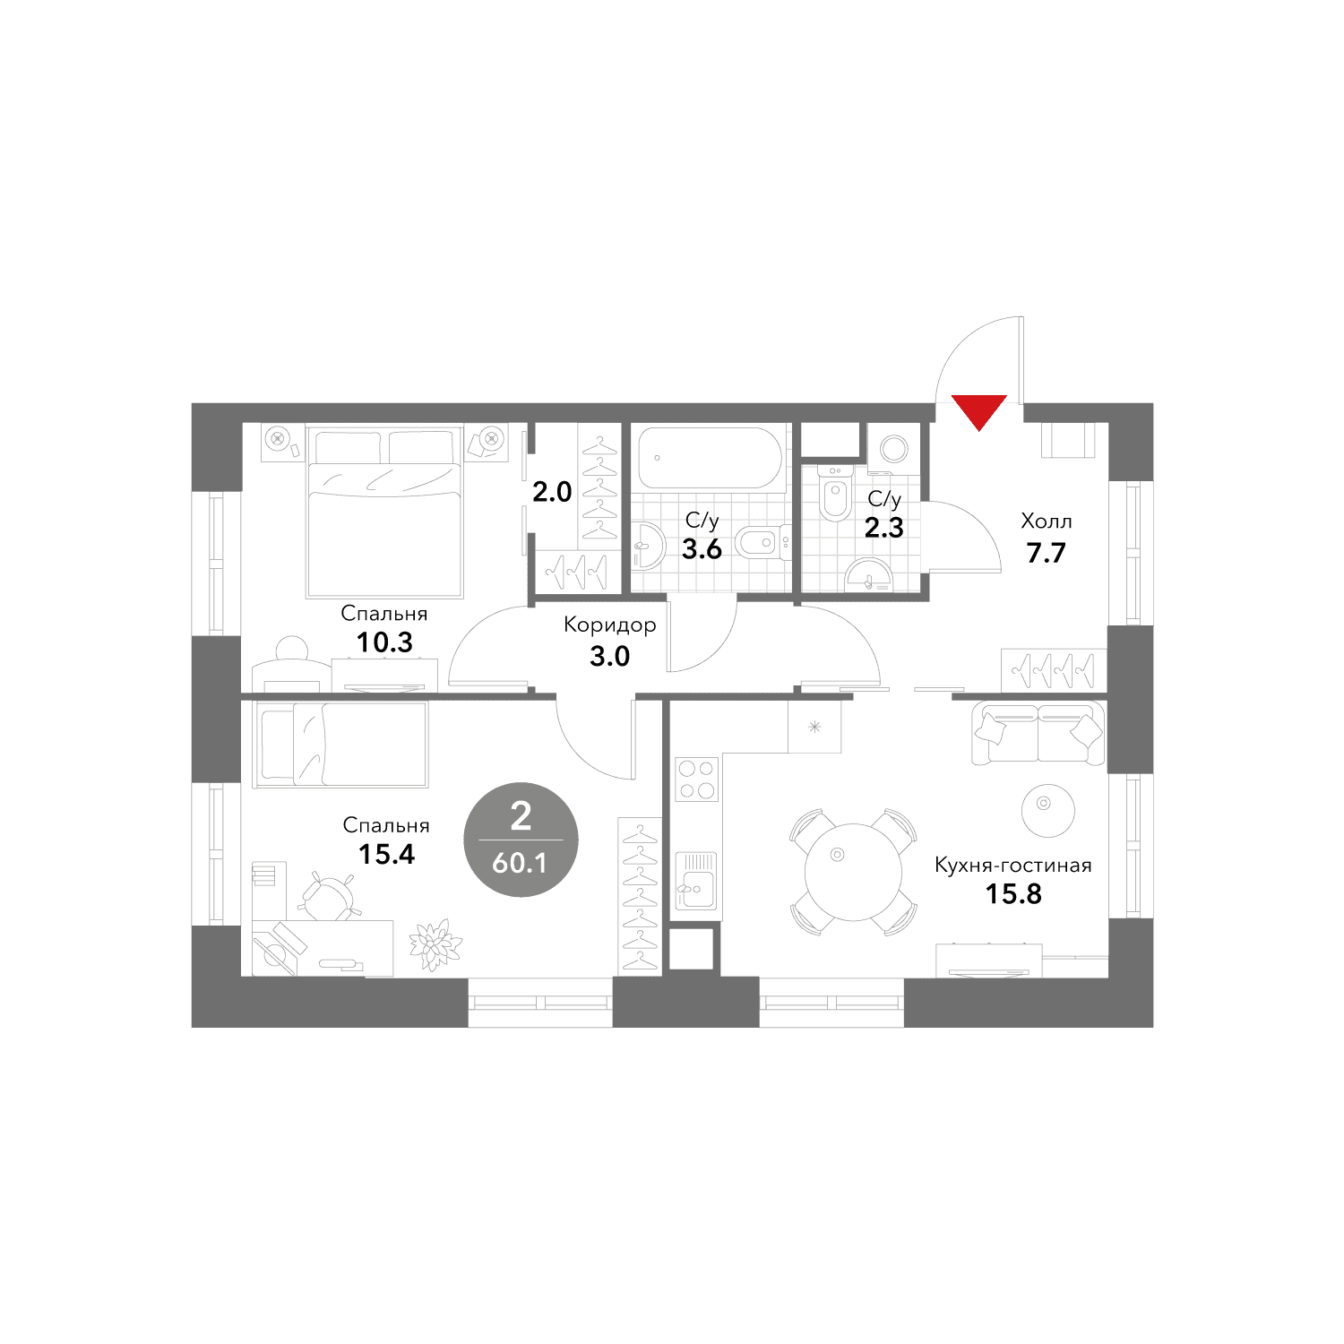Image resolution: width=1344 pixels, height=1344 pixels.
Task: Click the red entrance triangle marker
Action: pyautogui.click(x=979, y=410)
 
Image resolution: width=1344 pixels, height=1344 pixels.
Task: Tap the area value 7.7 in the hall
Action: pyautogui.click(x=1046, y=553)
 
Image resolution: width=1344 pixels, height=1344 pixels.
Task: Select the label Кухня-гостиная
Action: pyautogui.click(x=1013, y=866)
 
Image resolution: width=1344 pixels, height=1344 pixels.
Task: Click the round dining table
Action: pyautogui.click(x=854, y=872)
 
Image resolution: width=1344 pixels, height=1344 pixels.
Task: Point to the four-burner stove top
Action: pyautogui.click(x=696, y=779)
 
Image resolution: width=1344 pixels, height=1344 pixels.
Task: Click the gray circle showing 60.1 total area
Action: pyautogui.click(x=521, y=840)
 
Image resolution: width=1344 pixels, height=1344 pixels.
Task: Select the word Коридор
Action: pyautogui.click(x=609, y=625)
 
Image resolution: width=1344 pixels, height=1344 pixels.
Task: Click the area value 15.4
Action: pyautogui.click(x=386, y=854)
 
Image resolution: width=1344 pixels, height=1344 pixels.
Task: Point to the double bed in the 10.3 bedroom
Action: pyautogui.click(x=384, y=512)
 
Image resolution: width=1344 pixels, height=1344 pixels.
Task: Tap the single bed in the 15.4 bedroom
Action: pyautogui.click(x=341, y=744)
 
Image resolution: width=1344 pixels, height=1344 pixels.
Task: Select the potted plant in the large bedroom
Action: pyautogui.click(x=435, y=945)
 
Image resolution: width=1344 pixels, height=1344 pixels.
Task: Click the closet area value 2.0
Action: pyautogui.click(x=552, y=491)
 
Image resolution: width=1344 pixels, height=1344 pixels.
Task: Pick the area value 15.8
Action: pyautogui.click(x=1013, y=894)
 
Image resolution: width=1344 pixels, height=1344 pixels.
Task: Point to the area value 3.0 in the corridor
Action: pyautogui.click(x=609, y=656)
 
